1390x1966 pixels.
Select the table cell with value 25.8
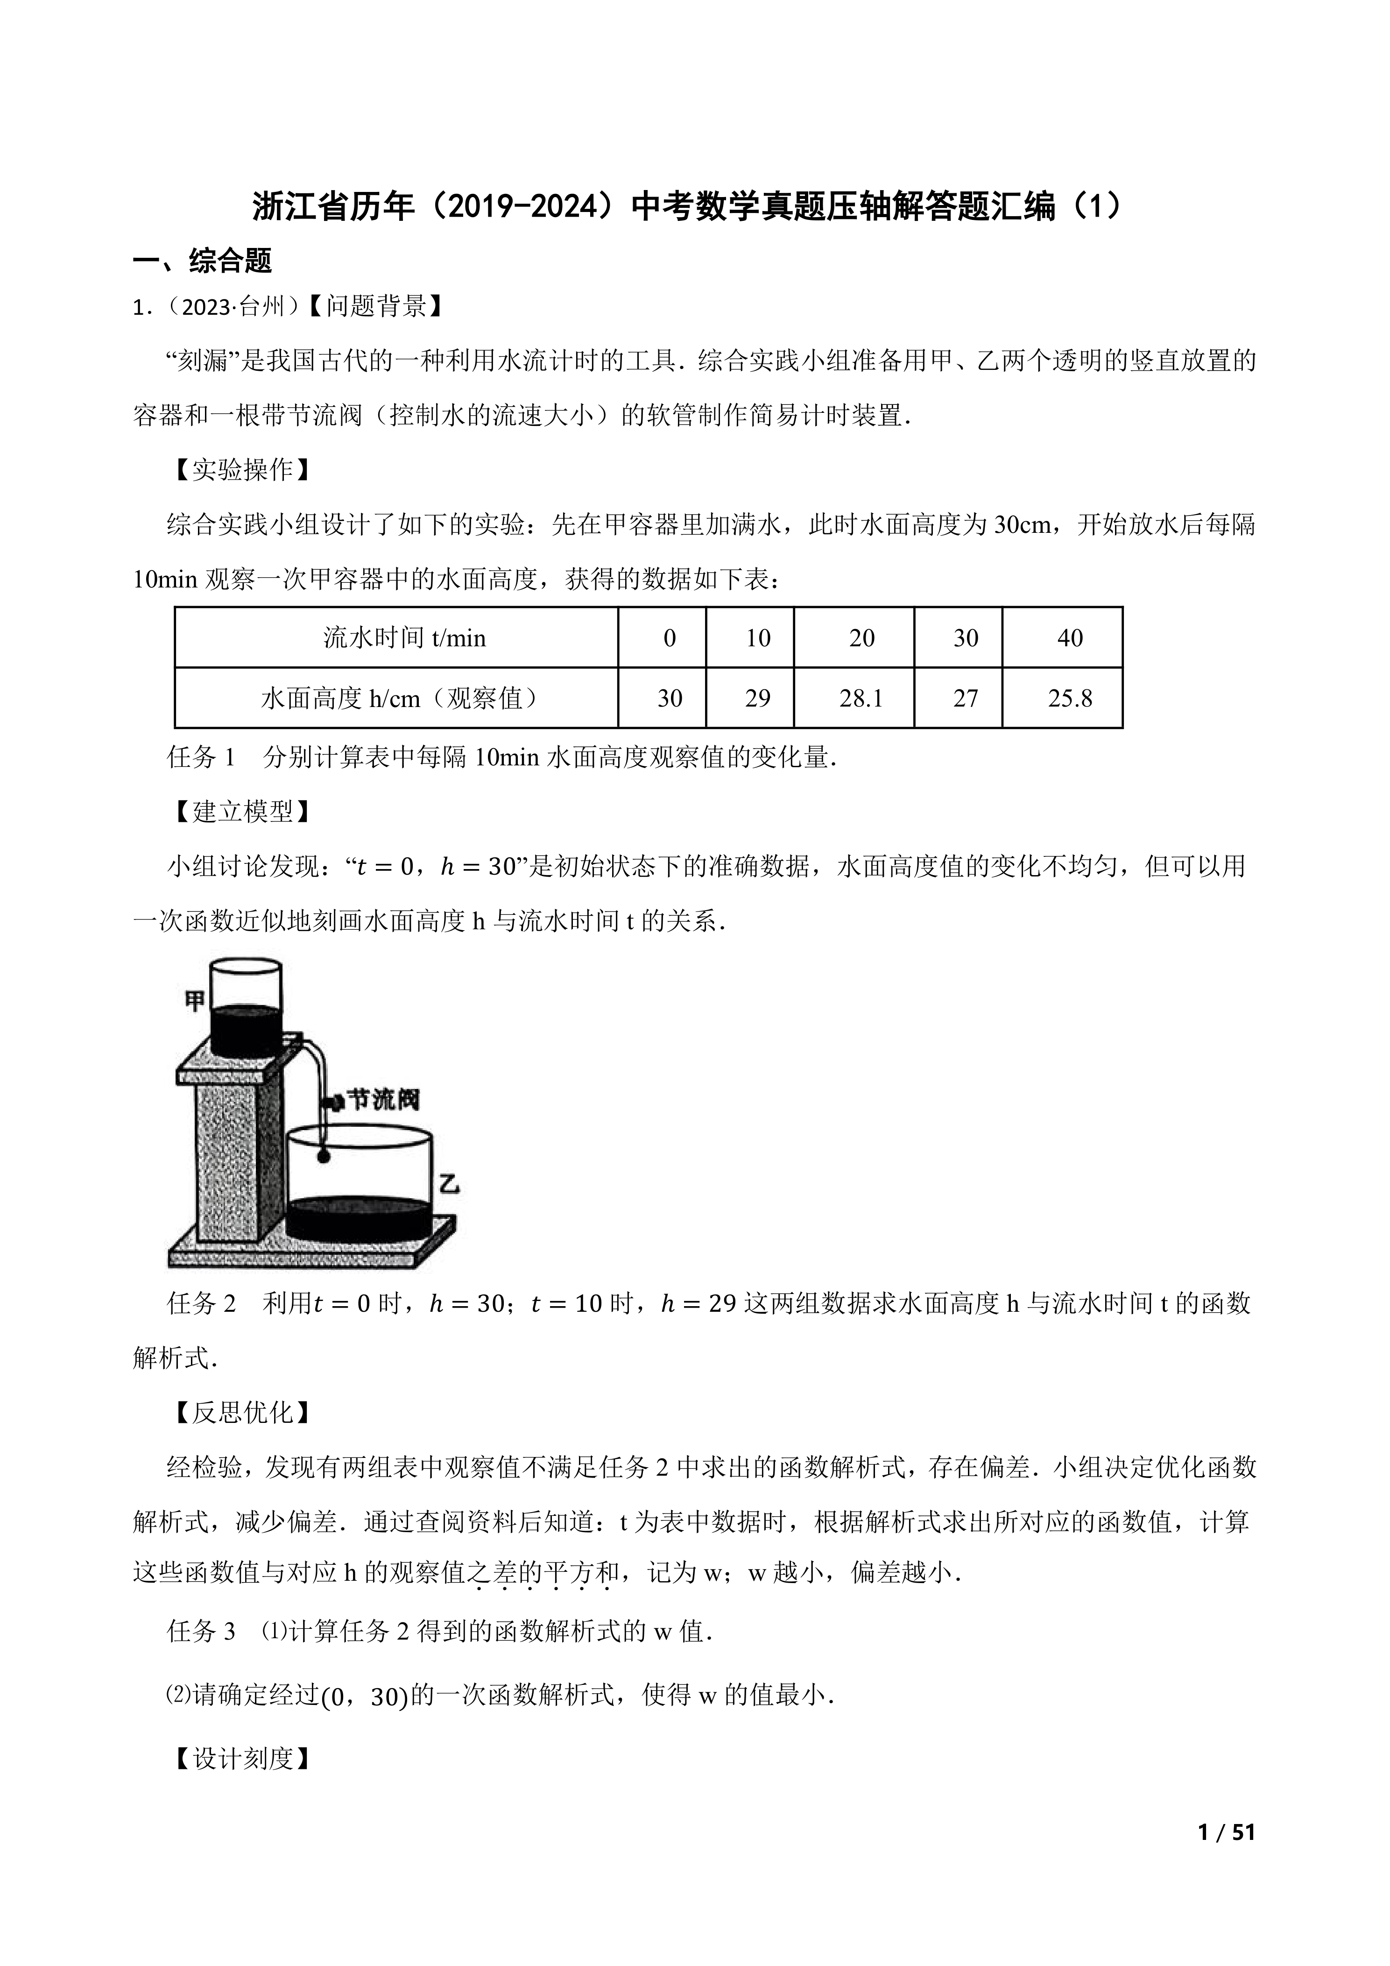1070,699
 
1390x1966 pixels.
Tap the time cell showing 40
1070,638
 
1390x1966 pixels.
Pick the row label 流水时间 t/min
404,638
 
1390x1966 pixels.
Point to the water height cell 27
966,699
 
